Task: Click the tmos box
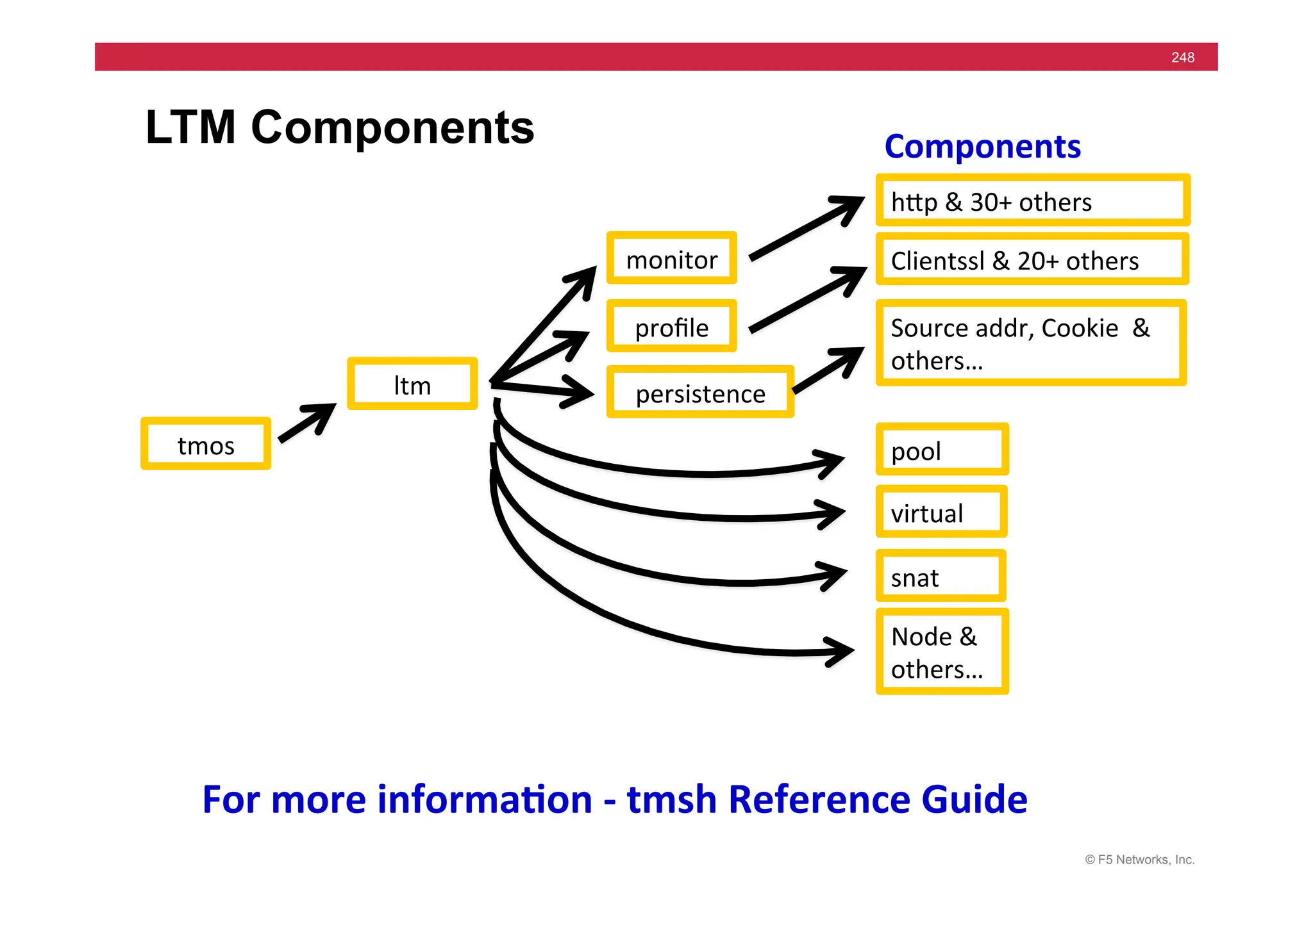pyautogui.click(x=206, y=444)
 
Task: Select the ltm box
pyautogui.click(x=412, y=384)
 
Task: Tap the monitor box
pyautogui.click(x=671, y=258)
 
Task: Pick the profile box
pyautogui.click(x=671, y=326)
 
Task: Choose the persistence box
pyautogui.click(x=700, y=392)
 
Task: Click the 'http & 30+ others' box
pyautogui.click(x=1032, y=201)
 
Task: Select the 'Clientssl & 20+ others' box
pyautogui.click(x=1032, y=259)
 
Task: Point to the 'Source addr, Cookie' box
pyautogui.click(x=1031, y=343)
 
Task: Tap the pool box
pyautogui.click(x=942, y=450)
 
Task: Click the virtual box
pyautogui.click(x=941, y=512)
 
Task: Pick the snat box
pyautogui.click(x=941, y=576)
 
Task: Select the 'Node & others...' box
pyautogui.click(x=942, y=652)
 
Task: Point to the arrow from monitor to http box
pyautogui.click(x=807, y=228)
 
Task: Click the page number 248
pyautogui.click(x=1182, y=58)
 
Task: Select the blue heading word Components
pyautogui.click(x=982, y=147)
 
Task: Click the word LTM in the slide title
pyautogui.click(x=190, y=127)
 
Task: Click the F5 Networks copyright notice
pyautogui.click(x=1139, y=860)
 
